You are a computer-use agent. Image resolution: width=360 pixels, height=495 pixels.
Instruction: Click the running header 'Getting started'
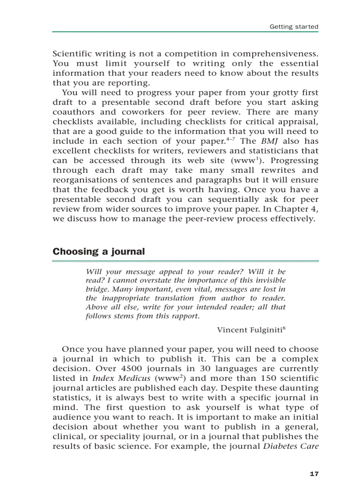point(294,27)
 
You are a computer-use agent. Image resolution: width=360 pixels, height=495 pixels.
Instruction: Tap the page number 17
point(314,474)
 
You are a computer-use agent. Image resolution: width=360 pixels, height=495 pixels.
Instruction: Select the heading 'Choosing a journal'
point(98,252)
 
